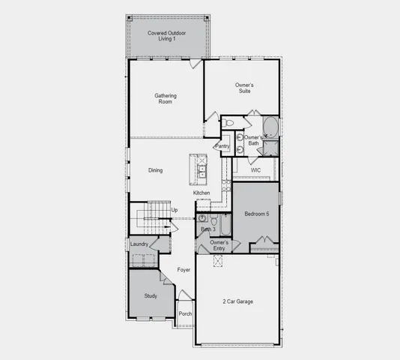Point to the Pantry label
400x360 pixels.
tap(222, 145)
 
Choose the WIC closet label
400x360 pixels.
tap(255, 170)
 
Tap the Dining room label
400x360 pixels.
tap(155, 170)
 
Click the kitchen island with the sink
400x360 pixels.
tap(199, 169)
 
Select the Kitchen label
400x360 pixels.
tap(202, 193)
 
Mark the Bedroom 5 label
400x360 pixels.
tap(256, 214)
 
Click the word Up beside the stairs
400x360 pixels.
tap(175, 210)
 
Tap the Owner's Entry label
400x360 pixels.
tap(219, 245)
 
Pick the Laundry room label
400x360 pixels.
tap(139, 244)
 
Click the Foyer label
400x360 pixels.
tap(184, 269)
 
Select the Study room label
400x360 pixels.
tap(151, 296)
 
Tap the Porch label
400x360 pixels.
tap(185, 313)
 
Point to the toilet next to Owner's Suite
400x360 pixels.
tap(230, 121)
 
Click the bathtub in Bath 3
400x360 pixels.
tap(223, 223)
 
